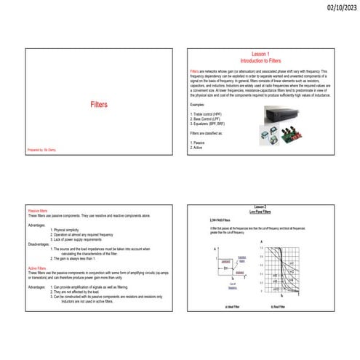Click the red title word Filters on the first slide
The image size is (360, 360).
coord(99,105)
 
